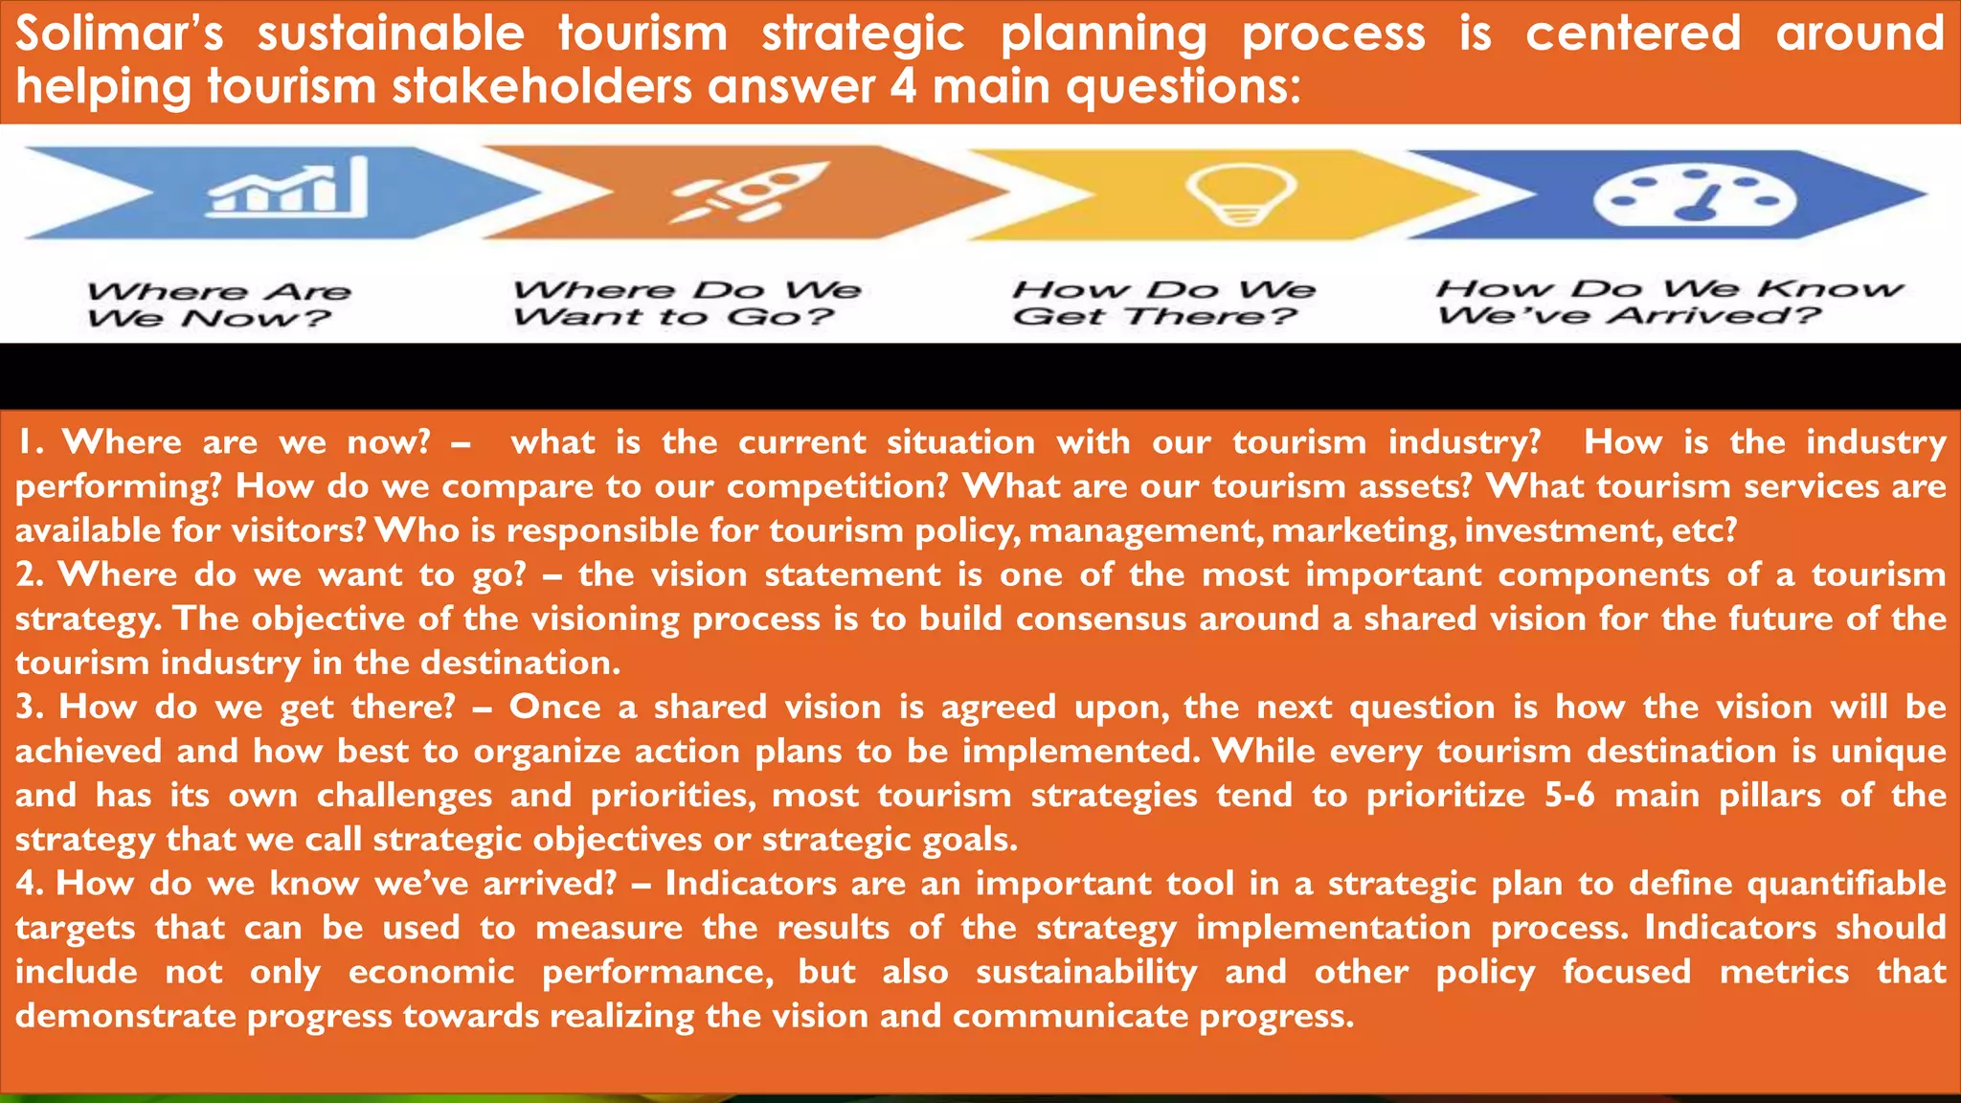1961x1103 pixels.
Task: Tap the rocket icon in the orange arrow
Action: click(750, 191)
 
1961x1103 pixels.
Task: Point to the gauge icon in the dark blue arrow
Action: click(1694, 195)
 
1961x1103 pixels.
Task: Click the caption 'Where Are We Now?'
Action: click(219, 304)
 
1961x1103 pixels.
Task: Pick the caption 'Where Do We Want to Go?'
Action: click(687, 303)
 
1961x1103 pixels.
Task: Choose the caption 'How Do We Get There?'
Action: click(1163, 303)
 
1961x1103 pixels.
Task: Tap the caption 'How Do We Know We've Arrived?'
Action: click(1669, 302)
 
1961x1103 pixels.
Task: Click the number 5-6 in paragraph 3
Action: click(1569, 795)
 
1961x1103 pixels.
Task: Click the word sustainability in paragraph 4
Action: click(1086, 972)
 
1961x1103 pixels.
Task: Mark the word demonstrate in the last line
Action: click(125, 1016)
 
